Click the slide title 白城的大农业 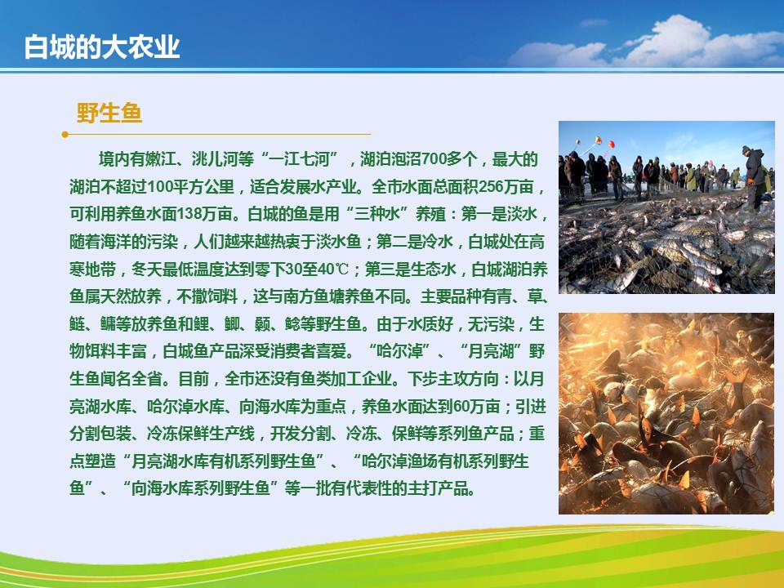click(x=102, y=47)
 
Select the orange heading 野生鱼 click(x=109, y=113)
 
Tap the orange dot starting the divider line click(x=65, y=135)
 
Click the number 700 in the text click(x=434, y=159)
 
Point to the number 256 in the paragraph click(x=491, y=187)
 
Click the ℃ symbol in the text click(x=341, y=269)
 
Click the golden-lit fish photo click(x=666, y=413)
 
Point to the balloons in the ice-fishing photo click(x=597, y=142)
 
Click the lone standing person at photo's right click(x=754, y=177)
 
